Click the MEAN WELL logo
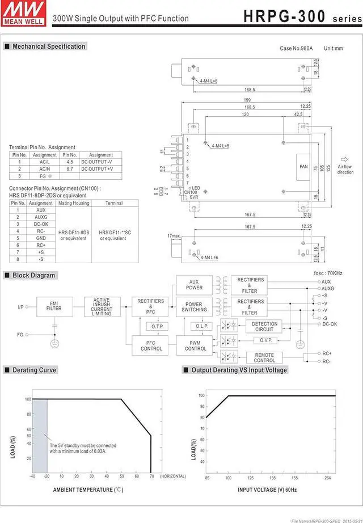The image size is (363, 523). [16, 12]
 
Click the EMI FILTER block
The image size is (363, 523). [54, 307]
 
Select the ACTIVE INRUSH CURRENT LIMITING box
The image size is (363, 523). [102, 307]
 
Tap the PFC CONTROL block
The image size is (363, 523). [151, 345]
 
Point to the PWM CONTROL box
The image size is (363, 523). [196, 345]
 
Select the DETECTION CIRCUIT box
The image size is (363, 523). [264, 326]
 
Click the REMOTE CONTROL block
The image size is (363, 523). [264, 357]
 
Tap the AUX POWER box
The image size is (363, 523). [194, 284]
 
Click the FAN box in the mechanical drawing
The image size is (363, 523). [303, 166]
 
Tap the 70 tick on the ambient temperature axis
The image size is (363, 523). [151, 476]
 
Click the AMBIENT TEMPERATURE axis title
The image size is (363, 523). [88, 489]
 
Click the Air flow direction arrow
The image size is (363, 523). [344, 159]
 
